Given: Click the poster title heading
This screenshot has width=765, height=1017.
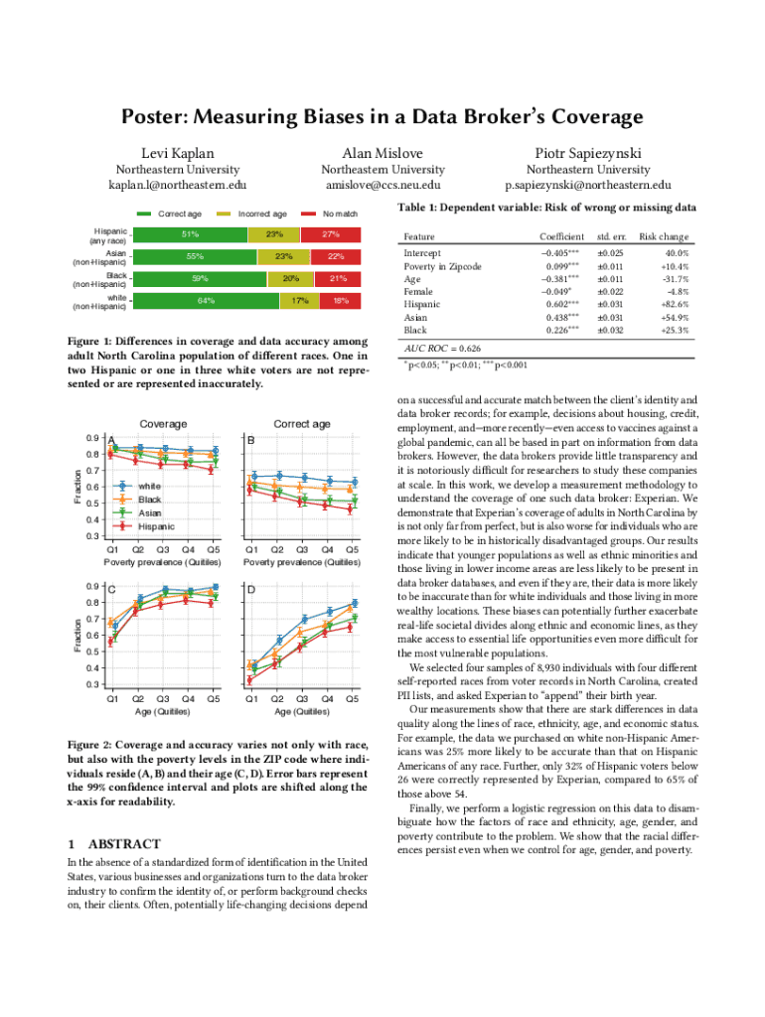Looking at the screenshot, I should pyautogui.click(x=382, y=117).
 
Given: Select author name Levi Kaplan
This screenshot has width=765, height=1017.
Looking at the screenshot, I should pyautogui.click(x=177, y=153).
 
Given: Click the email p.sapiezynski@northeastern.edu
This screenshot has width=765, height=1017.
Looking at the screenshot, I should pyautogui.click(x=588, y=185).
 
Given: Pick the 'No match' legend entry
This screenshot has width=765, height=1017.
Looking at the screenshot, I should pyautogui.click(x=334, y=214).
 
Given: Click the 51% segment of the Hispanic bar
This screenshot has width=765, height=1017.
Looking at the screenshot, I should pyautogui.click(x=190, y=234).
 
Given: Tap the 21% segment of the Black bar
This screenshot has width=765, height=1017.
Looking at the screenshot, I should pyautogui.click(x=337, y=278).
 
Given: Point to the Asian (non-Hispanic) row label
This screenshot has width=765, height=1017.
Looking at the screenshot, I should pyautogui.click(x=96, y=256).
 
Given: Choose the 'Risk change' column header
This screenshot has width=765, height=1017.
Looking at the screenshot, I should pyautogui.click(x=664, y=237).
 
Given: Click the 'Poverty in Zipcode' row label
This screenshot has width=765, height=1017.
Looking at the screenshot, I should pyautogui.click(x=442, y=266).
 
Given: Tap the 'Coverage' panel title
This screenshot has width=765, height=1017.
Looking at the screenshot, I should pyautogui.click(x=162, y=424).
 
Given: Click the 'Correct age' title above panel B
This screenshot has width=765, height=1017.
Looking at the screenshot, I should pyautogui.click(x=302, y=424).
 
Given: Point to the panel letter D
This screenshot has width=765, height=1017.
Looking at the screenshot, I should pyautogui.click(x=251, y=590).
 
